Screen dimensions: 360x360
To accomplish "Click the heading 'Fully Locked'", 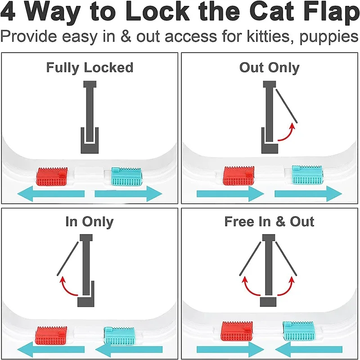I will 90,67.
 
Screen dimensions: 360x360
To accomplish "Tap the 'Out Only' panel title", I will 269,67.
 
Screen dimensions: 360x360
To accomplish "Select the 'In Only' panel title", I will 90,221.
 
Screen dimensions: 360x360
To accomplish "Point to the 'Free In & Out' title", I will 269,221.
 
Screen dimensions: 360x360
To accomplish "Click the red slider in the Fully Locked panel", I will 52,176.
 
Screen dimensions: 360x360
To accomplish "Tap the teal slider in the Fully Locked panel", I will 126,176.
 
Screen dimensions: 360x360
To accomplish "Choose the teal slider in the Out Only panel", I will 307,175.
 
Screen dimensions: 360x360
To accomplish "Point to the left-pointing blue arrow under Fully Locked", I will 50,194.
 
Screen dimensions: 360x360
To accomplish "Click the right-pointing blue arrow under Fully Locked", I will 128,194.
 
